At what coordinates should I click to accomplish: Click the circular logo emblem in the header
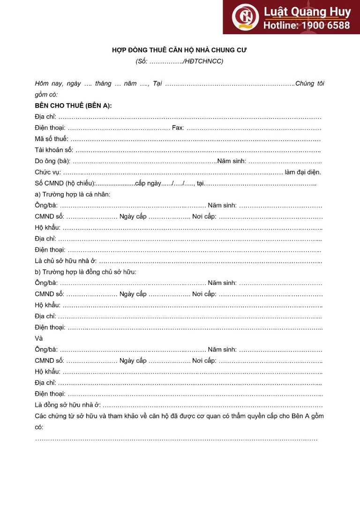click(x=245, y=17)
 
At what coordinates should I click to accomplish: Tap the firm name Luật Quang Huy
click(x=307, y=12)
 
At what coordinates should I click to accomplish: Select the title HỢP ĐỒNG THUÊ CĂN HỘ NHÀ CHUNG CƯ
click(x=180, y=50)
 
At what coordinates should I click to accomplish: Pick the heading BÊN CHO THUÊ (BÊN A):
click(x=73, y=105)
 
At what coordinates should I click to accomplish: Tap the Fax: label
click(x=178, y=127)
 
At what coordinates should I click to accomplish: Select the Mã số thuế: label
click(x=52, y=139)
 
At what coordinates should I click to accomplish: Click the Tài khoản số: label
click(x=54, y=150)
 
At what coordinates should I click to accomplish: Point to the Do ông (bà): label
click(x=52, y=161)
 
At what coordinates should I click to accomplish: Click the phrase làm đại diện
click(x=303, y=172)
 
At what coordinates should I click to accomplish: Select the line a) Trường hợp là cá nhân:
click(x=73, y=194)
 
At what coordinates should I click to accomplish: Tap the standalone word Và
click(x=38, y=338)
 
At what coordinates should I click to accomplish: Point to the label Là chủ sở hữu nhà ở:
click(x=66, y=261)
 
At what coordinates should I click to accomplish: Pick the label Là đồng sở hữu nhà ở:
click(x=67, y=405)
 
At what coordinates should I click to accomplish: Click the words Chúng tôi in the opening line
click(x=309, y=83)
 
